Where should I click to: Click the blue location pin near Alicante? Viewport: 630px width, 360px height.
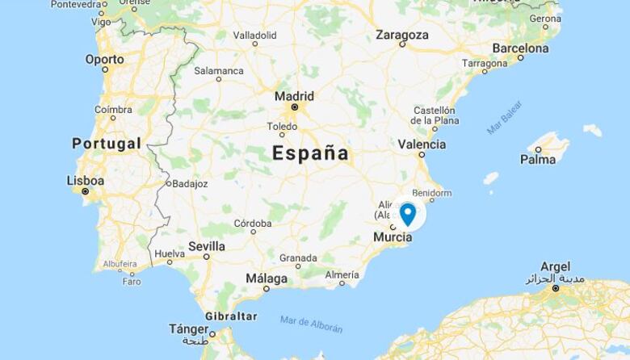click(x=408, y=213)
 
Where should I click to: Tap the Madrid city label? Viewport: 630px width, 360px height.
click(x=294, y=96)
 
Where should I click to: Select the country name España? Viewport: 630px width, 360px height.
click(x=311, y=153)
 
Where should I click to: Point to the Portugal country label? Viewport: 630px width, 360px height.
click(x=107, y=144)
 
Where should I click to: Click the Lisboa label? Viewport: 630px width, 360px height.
click(x=85, y=181)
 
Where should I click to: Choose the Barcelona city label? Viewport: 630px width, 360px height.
click(x=520, y=48)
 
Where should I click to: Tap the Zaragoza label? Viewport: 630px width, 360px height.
click(x=402, y=35)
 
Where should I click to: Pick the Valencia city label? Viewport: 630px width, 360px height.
click(x=422, y=144)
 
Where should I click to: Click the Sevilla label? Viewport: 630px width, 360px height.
click(x=206, y=246)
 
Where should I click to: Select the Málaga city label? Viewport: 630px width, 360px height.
click(x=267, y=278)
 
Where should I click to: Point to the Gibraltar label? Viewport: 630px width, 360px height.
click(x=231, y=316)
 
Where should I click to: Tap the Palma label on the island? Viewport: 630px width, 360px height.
click(x=538, y=159)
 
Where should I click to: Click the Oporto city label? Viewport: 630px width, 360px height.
click(x=105, y=59)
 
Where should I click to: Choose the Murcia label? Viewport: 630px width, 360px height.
click(x=393, y=237)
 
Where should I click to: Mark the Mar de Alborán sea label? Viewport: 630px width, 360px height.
click(x=311, y=324)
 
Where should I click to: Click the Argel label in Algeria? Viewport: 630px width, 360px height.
click(x=555, y=267)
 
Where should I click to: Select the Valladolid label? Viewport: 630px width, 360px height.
click(x=254, y=36)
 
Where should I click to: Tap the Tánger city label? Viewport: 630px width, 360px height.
click(x=188, y=329)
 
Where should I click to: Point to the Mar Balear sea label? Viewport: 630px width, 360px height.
click(x=505, y=117)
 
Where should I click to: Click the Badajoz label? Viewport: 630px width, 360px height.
click(x=190, y=183)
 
